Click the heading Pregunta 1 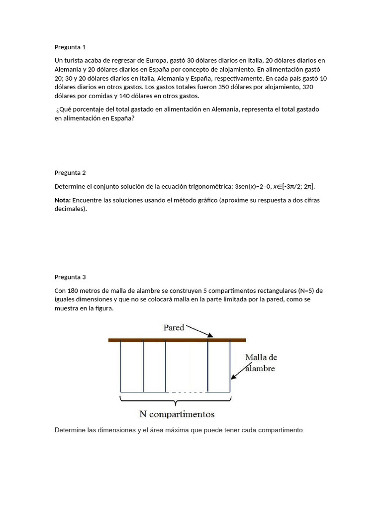click(70, 47)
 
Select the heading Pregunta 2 click(70, 173)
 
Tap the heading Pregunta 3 click(70, 277)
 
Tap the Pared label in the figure click(174, 328)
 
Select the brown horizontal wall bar click(177, 340)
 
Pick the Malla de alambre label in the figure click(261, 363)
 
